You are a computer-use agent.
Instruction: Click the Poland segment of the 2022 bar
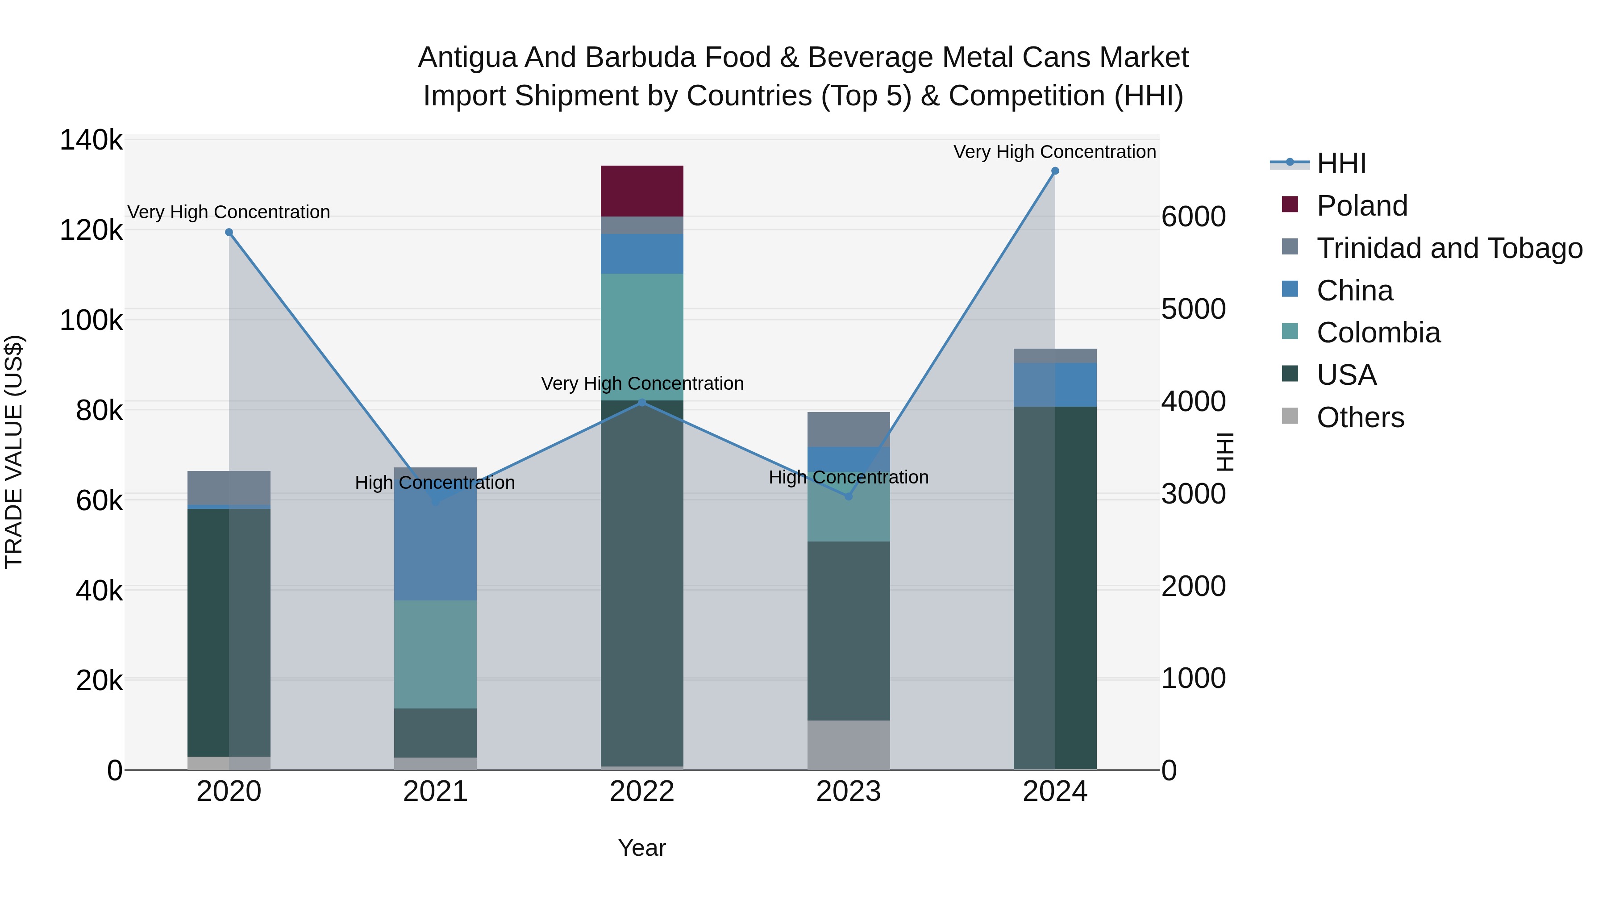click(642, 191)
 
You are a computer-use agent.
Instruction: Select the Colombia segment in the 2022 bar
click(642, 337)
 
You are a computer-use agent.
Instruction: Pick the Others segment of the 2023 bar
click(849, 745)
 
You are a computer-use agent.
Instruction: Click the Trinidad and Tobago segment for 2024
click(1055, 356)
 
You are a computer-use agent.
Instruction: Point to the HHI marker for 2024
click(1055, 171)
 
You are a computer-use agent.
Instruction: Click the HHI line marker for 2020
click(229, 232)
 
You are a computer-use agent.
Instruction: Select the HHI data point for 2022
click(642, 402)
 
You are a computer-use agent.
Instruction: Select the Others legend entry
click(1360, 417)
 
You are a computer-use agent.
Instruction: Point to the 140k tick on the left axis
click(91, 140)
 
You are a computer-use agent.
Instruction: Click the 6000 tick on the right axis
click(1193, 217)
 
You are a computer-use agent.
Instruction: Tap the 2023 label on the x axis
click(849, 792)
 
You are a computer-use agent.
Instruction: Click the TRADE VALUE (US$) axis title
click(14, 452)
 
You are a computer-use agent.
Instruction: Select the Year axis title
click(642, 848)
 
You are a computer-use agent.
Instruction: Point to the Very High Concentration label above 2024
click(1054, 152)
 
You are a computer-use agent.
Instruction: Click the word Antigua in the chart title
click(467, 58)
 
